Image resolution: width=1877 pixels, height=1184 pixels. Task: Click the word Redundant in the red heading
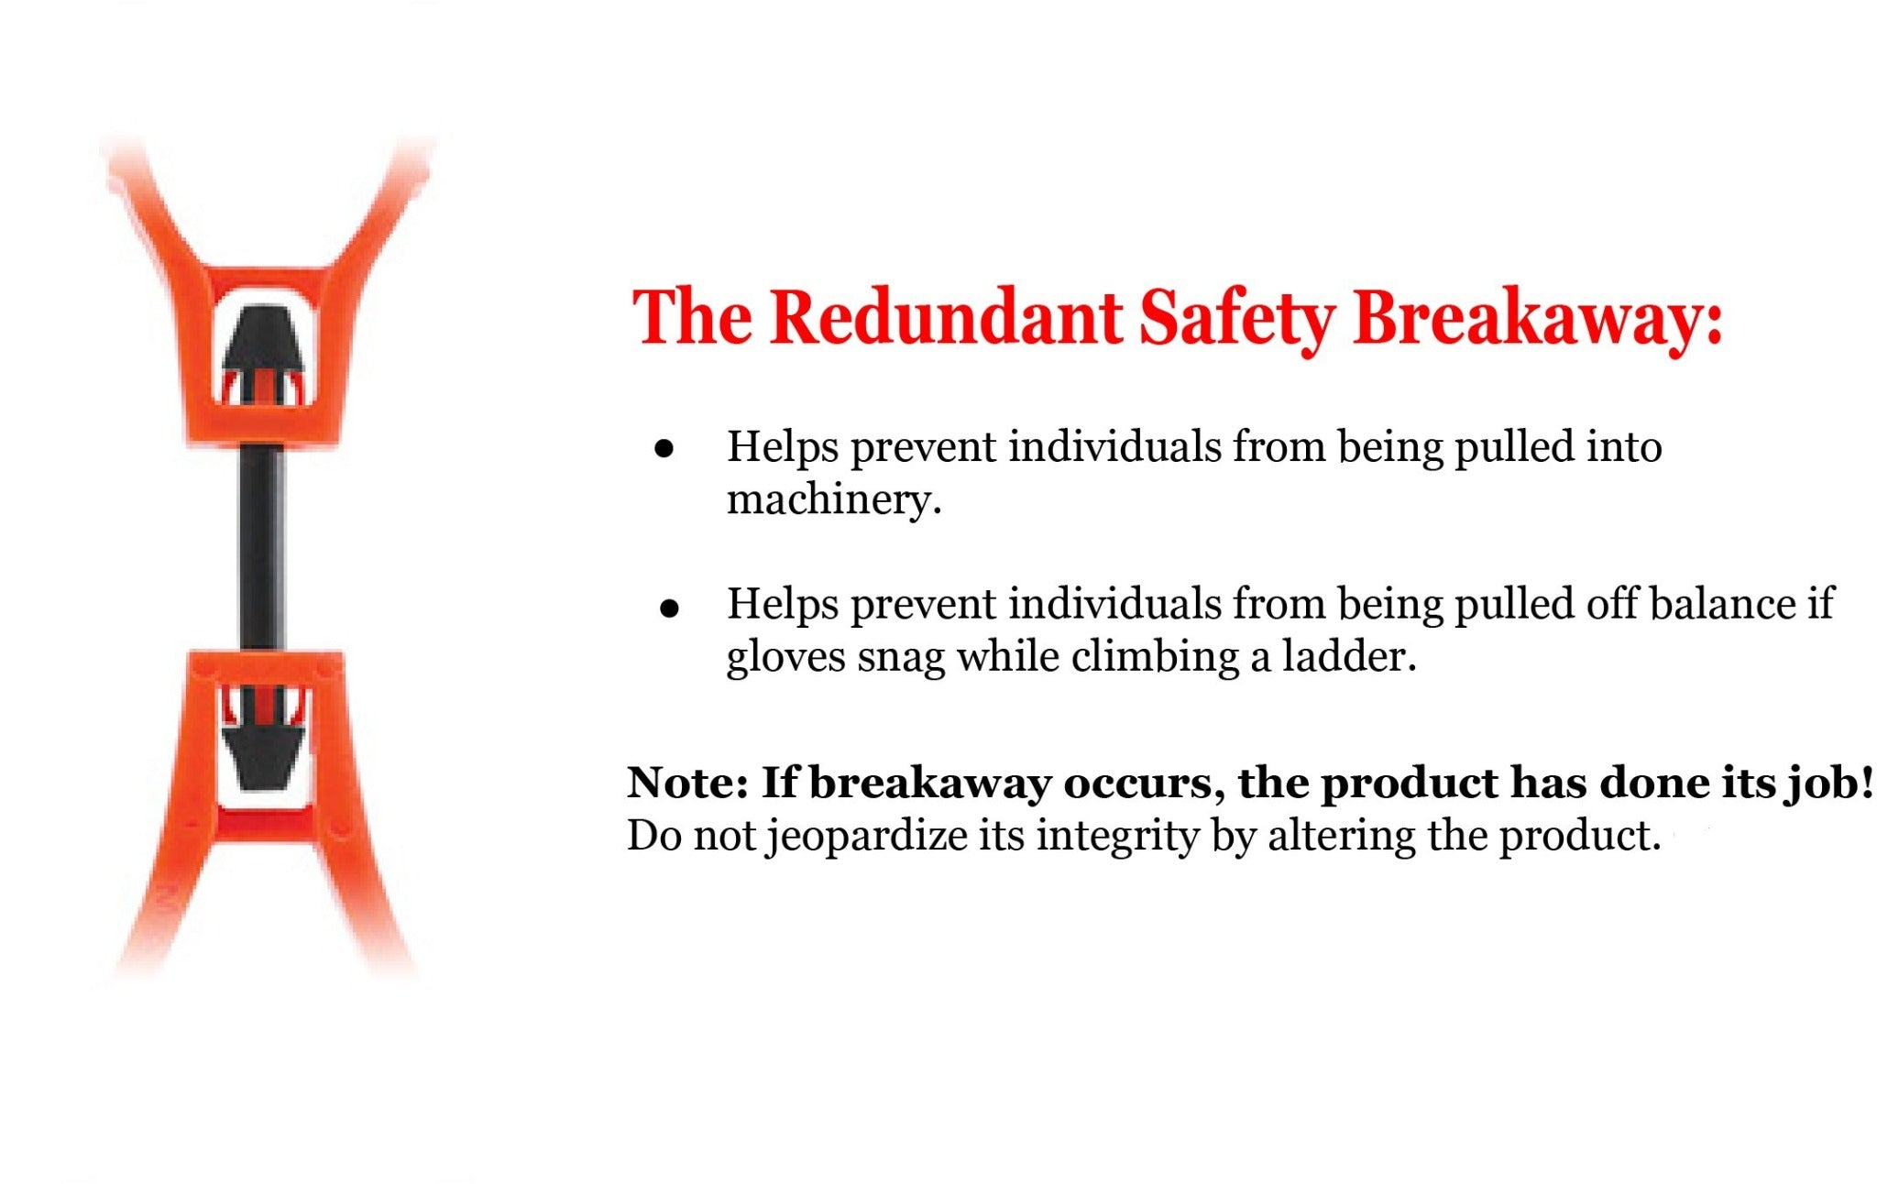(946, 317)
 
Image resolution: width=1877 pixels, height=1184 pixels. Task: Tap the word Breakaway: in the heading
(1538, 319)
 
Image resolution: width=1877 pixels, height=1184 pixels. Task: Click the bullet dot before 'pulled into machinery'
(664, 449)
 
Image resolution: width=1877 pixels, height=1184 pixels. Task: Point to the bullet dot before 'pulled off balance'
(669, 608)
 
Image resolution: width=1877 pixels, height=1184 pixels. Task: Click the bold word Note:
(688, 783)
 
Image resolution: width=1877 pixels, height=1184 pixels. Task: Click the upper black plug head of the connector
(264, 340)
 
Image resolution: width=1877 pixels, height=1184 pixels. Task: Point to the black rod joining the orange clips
(262, 548)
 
